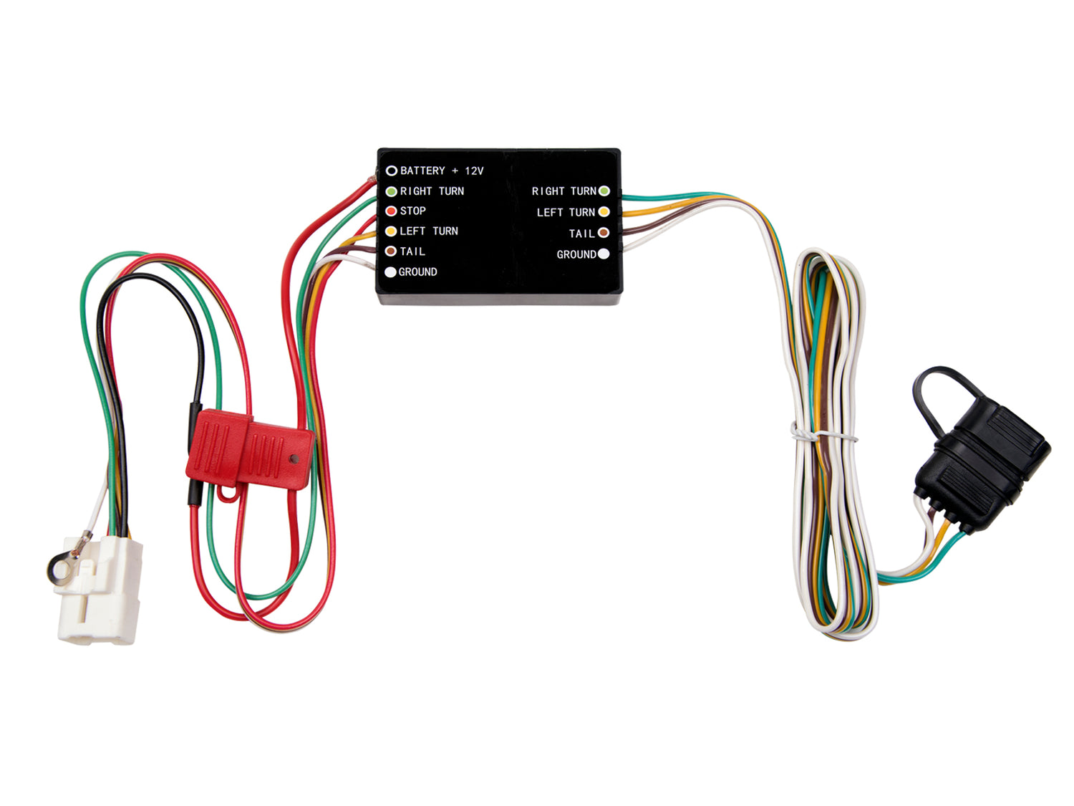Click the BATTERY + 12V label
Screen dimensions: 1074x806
(x=441, y=171)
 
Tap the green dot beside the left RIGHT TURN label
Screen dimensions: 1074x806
(x=391, y=191)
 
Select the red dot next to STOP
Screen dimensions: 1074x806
(x=391, y=211)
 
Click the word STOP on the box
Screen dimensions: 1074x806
(x=412, y=211)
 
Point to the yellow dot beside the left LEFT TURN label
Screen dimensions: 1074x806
(x=391, y=231)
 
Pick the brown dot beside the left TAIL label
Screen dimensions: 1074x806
(x=390, y=251)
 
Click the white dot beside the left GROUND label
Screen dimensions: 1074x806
(x=390, y=272)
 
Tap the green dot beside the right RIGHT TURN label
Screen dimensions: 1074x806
(x=604, y=191)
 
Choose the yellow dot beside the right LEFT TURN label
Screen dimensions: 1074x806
(x=604, y=212)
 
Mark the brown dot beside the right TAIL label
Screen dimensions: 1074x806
(x=604, y=233)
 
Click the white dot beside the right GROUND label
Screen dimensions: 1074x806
(x=604, y=254)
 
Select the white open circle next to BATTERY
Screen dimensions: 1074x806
(x=392, y=171)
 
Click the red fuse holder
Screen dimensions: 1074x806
(x=250, y=450)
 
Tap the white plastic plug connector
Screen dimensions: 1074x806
(x=100, y=590)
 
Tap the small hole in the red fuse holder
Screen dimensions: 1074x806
(x=294, y=459)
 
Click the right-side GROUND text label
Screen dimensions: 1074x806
(x=576, y=254)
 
